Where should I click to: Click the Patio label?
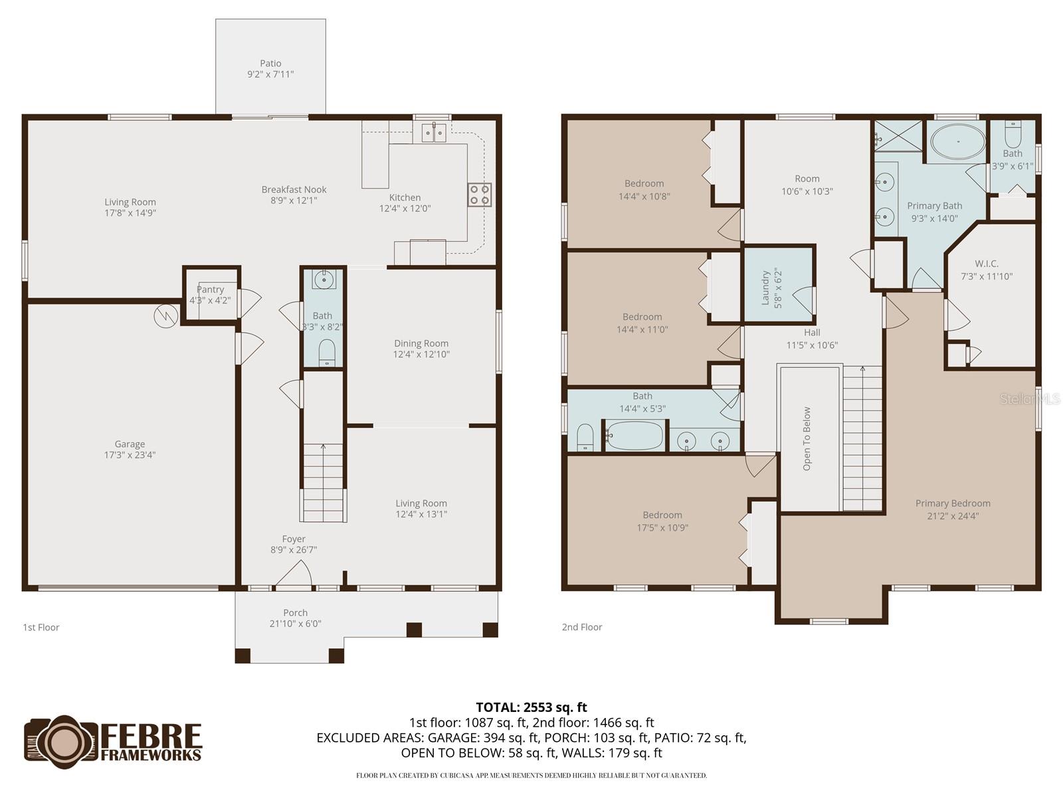click(x=270, y=64)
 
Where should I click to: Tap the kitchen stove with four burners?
click(x=480, y=195)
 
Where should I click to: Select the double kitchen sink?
click(x=434, y=132)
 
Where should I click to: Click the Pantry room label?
click(x=210, y=290)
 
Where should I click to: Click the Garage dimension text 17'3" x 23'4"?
click(x=130, y=455)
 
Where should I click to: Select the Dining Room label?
click(x=421, y=343)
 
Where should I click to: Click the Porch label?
click(x=295, y=613)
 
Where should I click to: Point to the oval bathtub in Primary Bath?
click(x=957, y=141)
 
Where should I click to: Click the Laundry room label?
click(x=765, y=288)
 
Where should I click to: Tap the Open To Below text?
click(x=807, y=439)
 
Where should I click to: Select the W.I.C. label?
click(x=987, y=264)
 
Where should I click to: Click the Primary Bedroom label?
click(x=953, y=503)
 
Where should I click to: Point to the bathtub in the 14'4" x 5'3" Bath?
click(x=634, y=436)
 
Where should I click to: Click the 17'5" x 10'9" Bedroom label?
click(x=662, y=515)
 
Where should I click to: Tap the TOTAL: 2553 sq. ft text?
click(x=531, y=707)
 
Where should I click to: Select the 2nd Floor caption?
click(x=582, y=627)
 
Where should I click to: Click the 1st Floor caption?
click(x=41, y=627)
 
